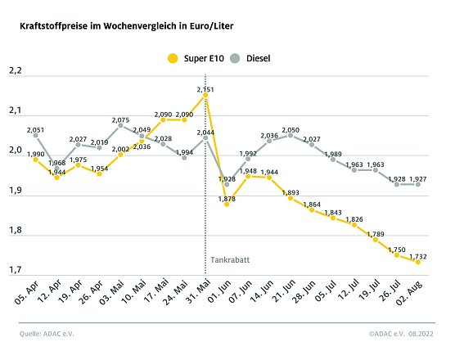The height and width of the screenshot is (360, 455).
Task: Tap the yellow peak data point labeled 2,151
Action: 205,95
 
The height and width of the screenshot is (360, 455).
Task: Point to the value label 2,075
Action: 120,119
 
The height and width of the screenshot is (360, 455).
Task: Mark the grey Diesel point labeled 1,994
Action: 184,157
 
